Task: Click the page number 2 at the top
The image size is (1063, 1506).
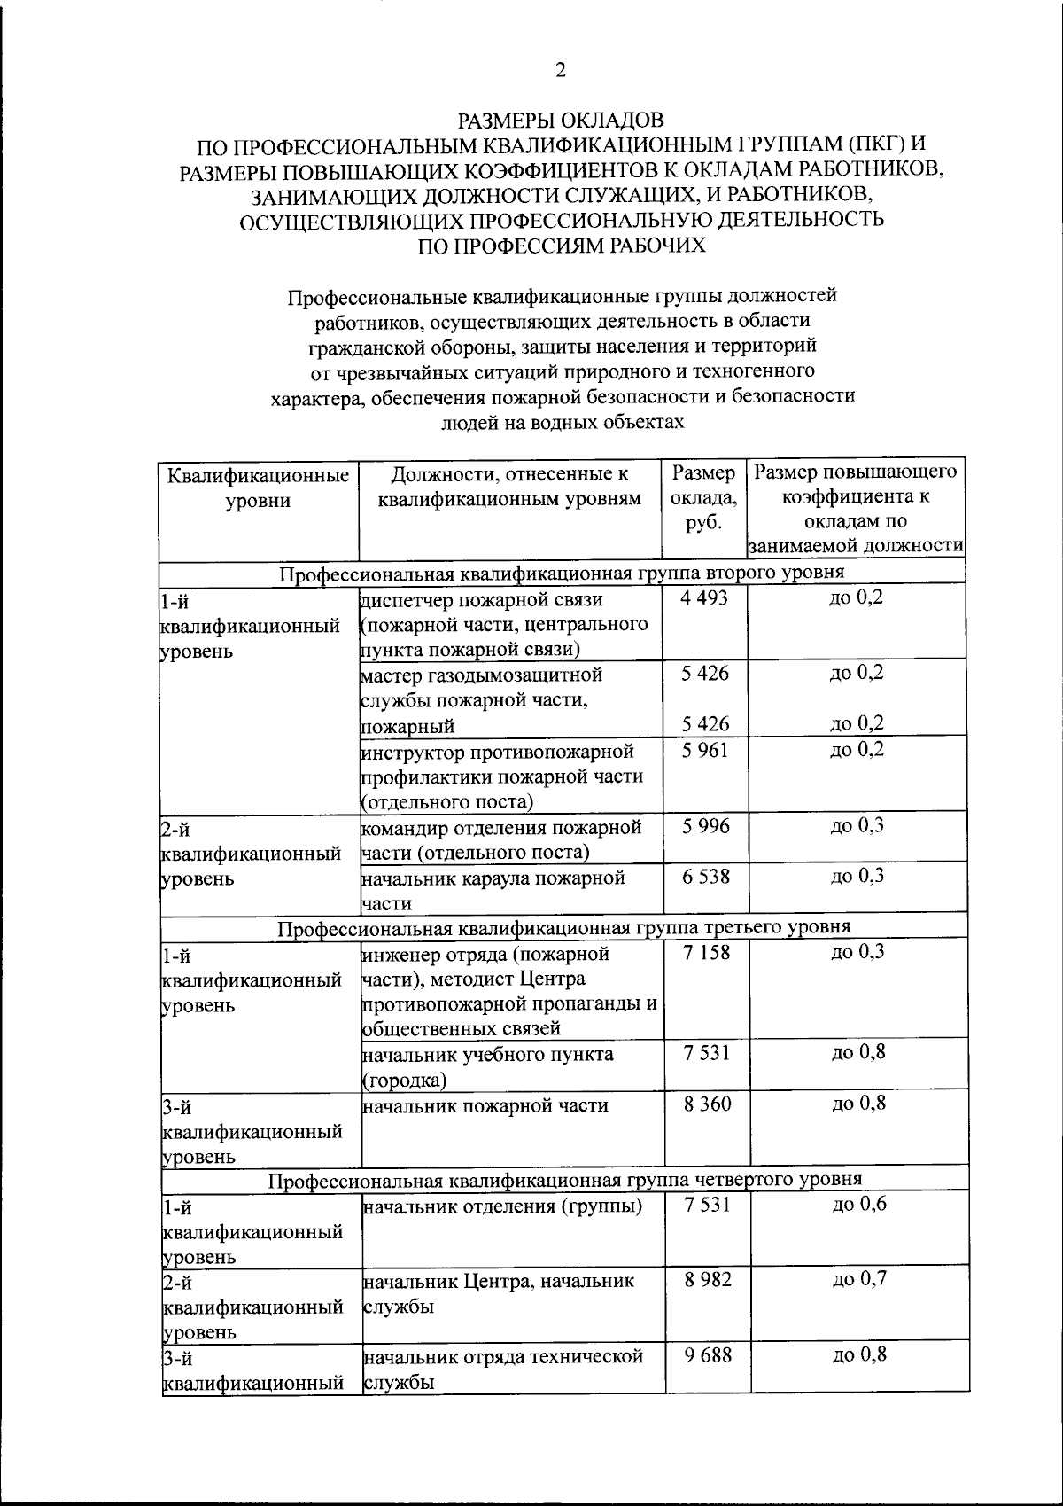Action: pyautogui.click(x=560, y=71)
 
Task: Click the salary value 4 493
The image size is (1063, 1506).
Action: pyautogui.click(x=705, y=598)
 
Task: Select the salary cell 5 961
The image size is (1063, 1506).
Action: pyautogui.click(x=705, y=751)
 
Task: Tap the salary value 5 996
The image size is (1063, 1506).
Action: pyautogui.click(x=706, y=826)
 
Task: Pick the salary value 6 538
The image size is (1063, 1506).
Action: pyautogui.click(x=706, y=877)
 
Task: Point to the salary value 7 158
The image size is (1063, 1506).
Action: pyautogui.click(x=706, y=953)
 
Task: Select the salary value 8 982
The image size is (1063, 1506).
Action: pyautogui.click(x=707, y=1280)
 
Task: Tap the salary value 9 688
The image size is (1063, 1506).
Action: pyautogui.click(x=707, y=1355)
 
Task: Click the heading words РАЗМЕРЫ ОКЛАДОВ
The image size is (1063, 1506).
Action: pyautogui.click(x=560, y=119)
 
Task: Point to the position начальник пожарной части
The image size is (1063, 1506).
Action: pyautogui.click(x=485, y=1105)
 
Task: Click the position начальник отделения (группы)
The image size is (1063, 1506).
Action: pyautogui.click(x=502, y=1206)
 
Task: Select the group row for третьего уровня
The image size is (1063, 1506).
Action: pyautogui.click(x=563, y=927)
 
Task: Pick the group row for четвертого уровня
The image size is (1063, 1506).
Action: pyautogui.click(x=564, y=1180)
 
